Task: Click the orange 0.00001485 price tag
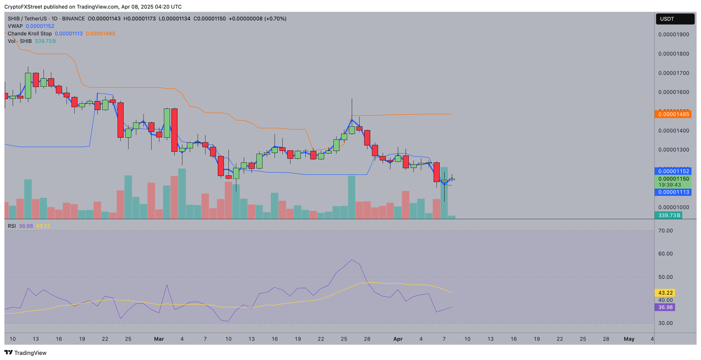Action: pos(672,114)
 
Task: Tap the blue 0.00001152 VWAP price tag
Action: pos(672,171)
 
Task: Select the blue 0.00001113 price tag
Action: pos(672,192)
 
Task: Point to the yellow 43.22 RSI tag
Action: pos(664,293)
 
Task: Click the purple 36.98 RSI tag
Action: pos(664,308)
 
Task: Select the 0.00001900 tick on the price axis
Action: pos(673,35)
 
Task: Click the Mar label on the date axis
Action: pos(159,339)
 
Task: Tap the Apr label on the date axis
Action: pos(398,339)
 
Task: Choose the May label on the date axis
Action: pos(629,339)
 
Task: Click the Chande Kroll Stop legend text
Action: pos(30,34)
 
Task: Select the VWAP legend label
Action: pos(15,26)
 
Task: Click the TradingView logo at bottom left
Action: pos(26,353)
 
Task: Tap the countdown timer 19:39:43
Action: pos(673,185)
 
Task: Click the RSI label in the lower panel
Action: pos(11,226)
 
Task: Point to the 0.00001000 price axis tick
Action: pos(673,208)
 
